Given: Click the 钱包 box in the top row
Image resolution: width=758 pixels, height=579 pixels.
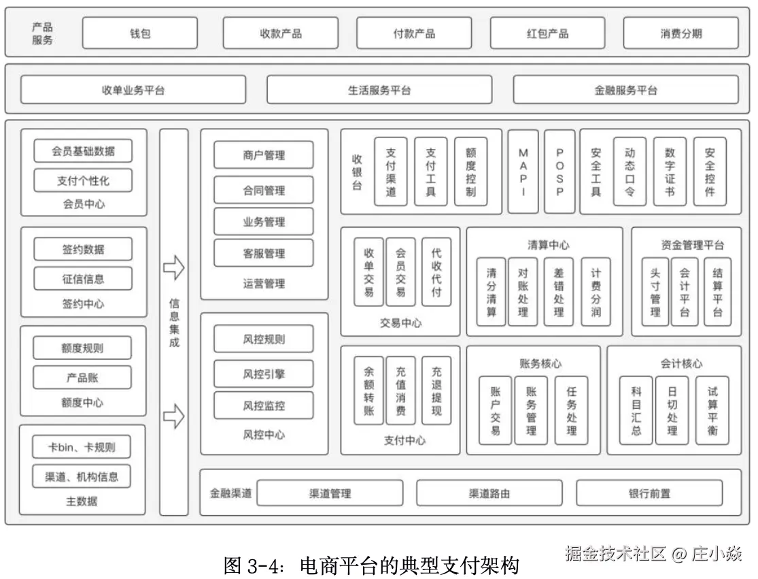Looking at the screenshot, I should click(x=140, y=33).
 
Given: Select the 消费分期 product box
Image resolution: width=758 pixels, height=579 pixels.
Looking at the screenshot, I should click(x=681, y=33).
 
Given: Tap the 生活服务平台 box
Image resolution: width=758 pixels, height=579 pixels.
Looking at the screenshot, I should click(x=379, y=90).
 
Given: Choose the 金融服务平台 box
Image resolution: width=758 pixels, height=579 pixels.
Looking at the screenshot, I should click(x=625, y=90).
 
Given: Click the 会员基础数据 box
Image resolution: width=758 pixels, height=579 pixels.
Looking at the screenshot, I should click(x=83, y=151).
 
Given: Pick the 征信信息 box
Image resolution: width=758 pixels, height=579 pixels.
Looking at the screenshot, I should click(x=83, y=279).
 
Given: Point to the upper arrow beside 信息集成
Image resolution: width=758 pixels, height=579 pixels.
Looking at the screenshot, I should click(x=174, y=267).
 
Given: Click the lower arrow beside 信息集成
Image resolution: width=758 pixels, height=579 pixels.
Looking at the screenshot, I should click(x=174, y=416).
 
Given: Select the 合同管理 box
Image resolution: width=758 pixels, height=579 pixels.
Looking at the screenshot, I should click(x=264, y=191).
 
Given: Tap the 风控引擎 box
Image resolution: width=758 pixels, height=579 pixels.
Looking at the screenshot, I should click(x=264, y=374).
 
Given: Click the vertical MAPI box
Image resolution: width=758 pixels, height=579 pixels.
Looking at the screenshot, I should click(x=523, y=172).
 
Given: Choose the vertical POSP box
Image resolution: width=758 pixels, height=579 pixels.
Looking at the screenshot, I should click(x=559, y=172).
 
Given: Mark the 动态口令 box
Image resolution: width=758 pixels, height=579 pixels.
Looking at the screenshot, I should click(x=630, y=172).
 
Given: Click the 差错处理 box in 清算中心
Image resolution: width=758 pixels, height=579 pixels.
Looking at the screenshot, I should click(x=558, y=292).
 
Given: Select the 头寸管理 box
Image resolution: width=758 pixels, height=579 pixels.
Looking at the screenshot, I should click(x=655, y=292).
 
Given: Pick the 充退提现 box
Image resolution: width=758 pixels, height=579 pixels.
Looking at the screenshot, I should click(x=436, y=391).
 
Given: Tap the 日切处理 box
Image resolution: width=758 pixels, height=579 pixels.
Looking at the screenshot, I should click(x=672, y=410).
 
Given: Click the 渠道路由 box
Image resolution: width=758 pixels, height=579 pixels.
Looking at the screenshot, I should click(x=489, y=493).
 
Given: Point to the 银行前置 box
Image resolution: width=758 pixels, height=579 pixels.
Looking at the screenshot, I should click(x=649, y=493).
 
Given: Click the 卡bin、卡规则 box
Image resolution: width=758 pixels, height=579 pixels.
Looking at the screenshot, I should click(x=82, y=447).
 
